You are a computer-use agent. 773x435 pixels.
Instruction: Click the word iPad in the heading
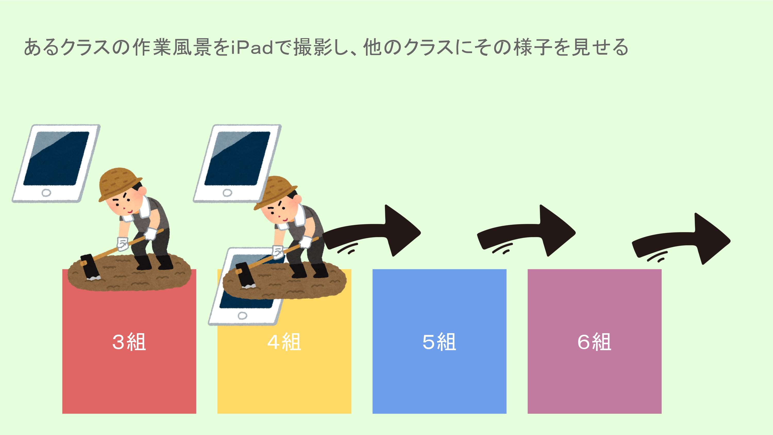252,47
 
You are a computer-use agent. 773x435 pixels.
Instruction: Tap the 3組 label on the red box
129,342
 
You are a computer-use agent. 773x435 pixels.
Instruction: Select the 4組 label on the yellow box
284,342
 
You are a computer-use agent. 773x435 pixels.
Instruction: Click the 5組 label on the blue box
439,342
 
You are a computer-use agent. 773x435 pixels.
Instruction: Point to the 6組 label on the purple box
594,342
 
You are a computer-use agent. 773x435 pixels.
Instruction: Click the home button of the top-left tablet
46,193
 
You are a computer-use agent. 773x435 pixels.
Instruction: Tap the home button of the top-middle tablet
227,193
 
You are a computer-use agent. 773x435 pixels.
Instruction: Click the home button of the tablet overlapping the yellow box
242,315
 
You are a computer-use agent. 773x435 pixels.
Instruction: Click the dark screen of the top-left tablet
56,158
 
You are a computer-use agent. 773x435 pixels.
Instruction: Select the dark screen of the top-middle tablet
237,158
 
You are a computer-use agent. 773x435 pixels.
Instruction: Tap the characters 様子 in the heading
533,47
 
